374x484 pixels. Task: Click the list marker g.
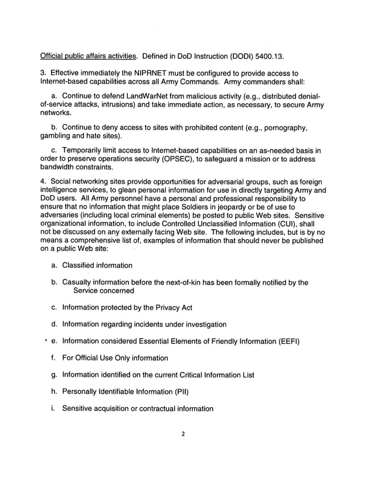[x=54, y=375]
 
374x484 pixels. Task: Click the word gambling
[x=57, y=135]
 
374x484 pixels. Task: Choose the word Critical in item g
[x=184, y=374]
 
